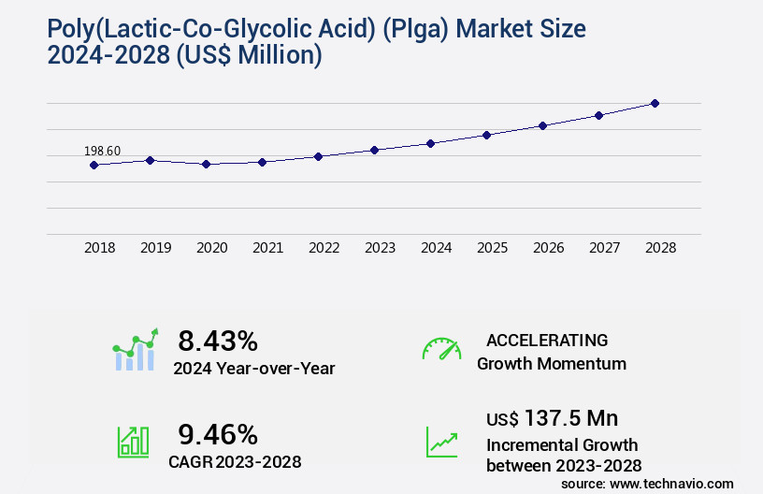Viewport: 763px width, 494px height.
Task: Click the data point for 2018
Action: click(x=94, y=166)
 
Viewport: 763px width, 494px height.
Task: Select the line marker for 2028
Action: click(x=655, y=103)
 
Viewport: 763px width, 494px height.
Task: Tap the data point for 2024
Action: click(x=430, y=143)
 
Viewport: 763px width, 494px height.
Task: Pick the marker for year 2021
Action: click(x=262, y=162)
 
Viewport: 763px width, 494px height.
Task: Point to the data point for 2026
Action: click(x=542, y=125)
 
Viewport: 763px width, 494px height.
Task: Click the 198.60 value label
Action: click(x=102, y=151)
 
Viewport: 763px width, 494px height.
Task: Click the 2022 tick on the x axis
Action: click(x=324, y=248)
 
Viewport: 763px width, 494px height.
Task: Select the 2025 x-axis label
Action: click(x=492, y=248)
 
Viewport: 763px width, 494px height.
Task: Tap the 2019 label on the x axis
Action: click(x=155, y=248)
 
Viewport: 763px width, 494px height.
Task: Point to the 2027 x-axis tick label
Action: click(x=604, y=248)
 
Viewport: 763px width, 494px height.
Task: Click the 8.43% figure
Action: click(x=218, y=340)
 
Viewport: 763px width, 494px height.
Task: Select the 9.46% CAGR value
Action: click(x=218, y=434)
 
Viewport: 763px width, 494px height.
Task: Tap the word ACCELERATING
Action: click(x=547, y=340)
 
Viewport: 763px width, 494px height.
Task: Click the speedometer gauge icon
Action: click(x=441, y=349)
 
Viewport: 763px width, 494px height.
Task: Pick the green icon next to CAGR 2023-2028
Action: click(x=133, y=442)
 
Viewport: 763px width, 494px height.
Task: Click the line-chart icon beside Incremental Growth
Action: click(x=441, y=442)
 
